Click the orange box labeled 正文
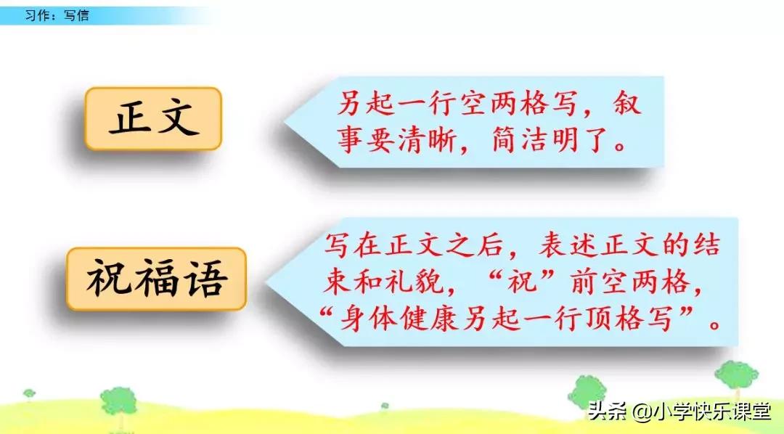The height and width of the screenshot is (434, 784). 153,118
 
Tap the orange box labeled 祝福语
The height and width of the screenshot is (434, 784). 156,279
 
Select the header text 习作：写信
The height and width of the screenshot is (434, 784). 57,15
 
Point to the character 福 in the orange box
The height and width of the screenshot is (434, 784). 156,279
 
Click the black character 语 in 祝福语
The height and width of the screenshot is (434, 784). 204,279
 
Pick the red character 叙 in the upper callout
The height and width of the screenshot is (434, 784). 627,104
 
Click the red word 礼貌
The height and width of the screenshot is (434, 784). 415,282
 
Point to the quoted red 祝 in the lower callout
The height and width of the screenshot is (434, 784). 523,282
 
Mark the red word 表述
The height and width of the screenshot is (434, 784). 568,245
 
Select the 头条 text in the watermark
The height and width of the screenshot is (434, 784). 608,411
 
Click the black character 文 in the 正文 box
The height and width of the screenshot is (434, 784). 177,118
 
